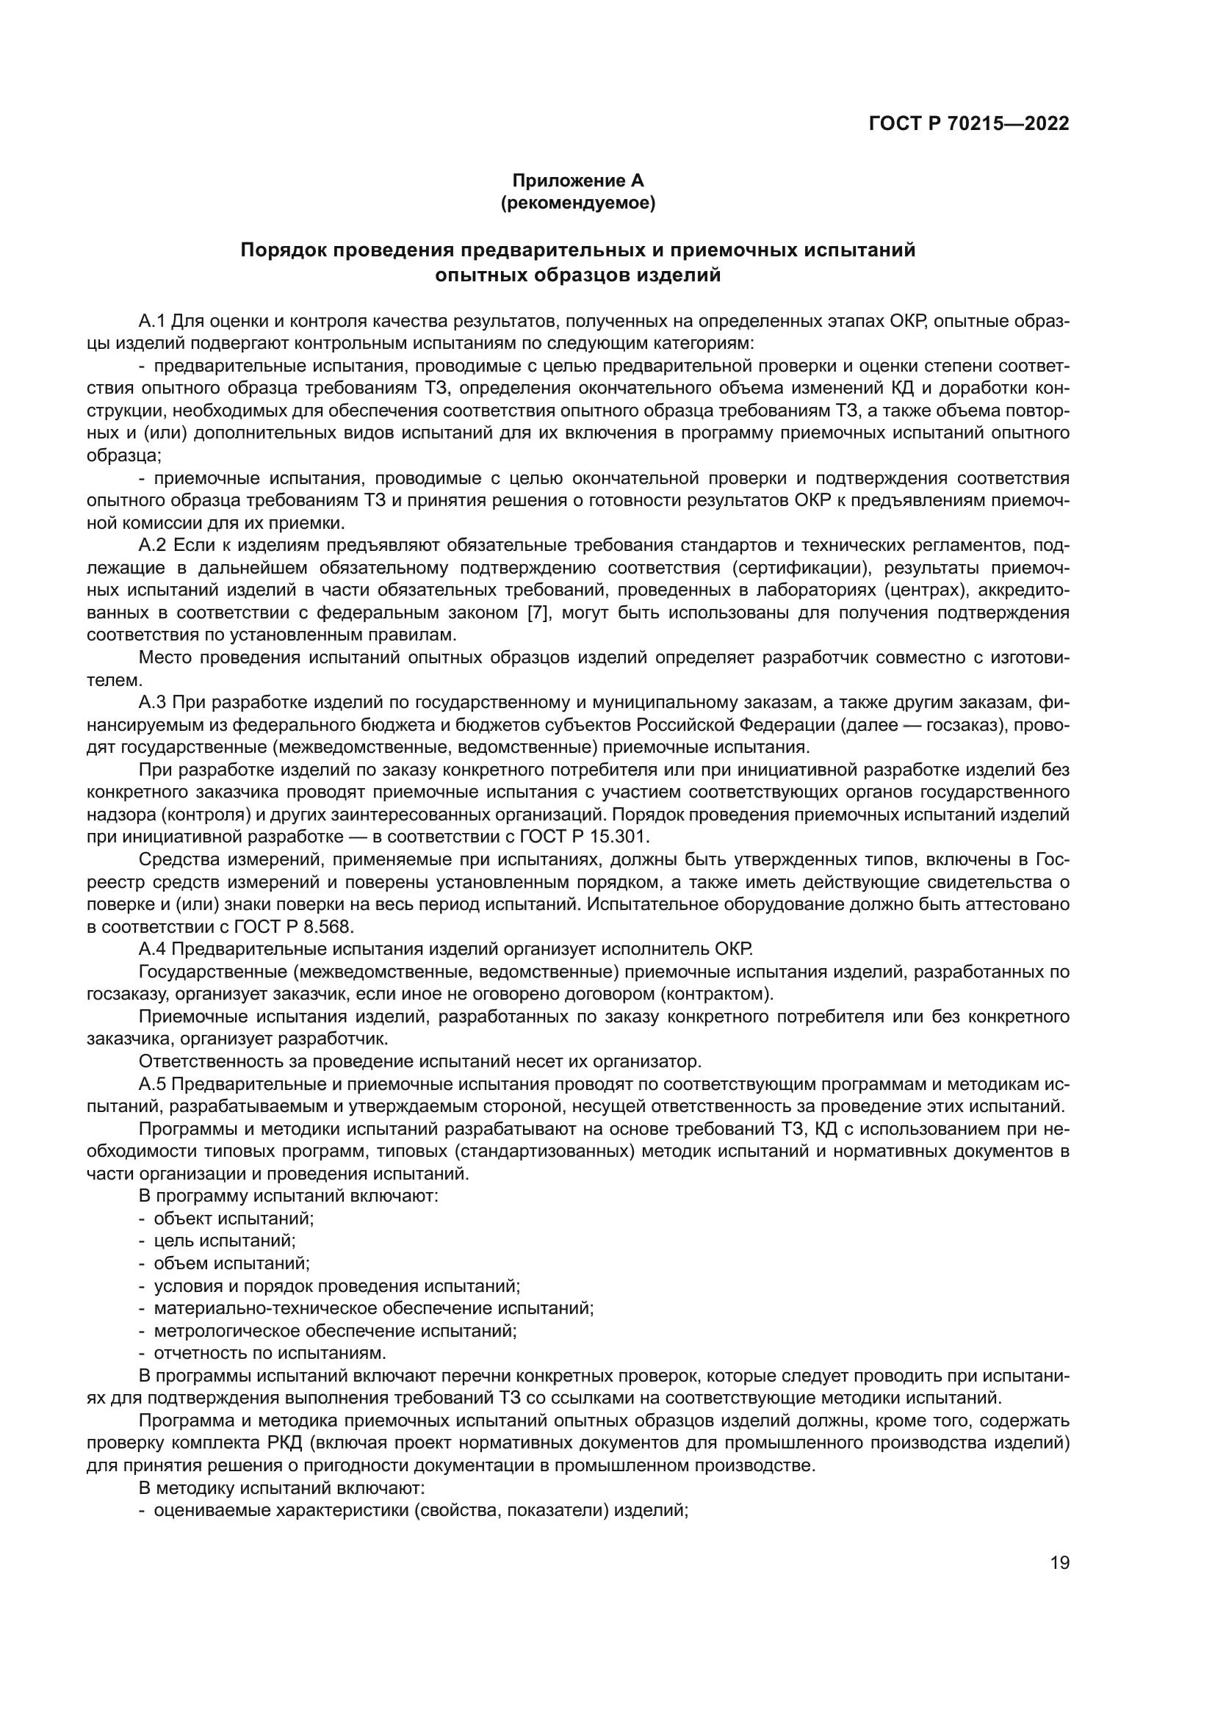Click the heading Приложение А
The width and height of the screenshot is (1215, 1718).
[577, 181]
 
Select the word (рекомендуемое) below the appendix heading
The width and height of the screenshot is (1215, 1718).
[577, 203]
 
